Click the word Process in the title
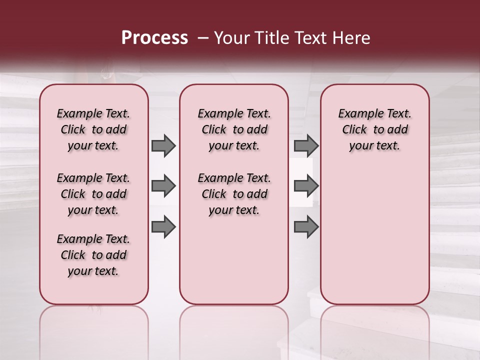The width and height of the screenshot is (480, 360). [154, 38]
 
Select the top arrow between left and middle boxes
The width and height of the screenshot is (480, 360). [163, 145]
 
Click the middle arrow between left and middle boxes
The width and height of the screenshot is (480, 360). [163, 186]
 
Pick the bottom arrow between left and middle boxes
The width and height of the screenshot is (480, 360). [163, 227]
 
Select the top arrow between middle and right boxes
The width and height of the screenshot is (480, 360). [306, 145]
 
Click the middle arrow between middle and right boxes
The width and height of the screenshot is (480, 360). [306, 186]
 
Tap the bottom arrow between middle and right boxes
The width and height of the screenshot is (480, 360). [306, 227]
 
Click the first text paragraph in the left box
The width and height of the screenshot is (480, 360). [93, 129]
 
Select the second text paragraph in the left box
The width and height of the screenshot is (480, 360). [93, 194]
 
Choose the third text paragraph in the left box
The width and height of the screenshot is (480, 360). [93, 255]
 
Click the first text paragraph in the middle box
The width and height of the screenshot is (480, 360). [234, 129]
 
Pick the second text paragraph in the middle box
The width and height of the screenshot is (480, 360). [234, 194]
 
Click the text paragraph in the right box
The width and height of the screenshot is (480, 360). [374, 129]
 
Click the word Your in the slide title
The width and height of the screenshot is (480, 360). [229, 38]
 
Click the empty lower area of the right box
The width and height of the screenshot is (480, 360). [374, 235]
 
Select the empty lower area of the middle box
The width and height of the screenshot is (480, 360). [234, 260]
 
